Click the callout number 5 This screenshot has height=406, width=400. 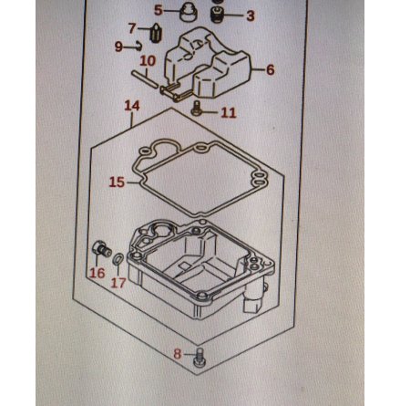pyautogui.click(x=159, y=10)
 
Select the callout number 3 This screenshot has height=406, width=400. pyautogui.click(x=251, y=16)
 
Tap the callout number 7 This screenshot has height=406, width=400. pyautogui.click(x=132, y=28)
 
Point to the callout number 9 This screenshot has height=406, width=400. pyautogui.click(x=118, y=47)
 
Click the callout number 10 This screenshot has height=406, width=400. pyautogui.click(x=148, y=61)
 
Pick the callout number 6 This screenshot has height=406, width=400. pyautogui.click(x=270, y=69)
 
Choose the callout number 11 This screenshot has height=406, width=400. pyautogui.click(x=229, y=112)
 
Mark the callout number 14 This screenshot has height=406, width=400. pyautogui.click(x=132, y=106)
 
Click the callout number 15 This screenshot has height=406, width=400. pyautogui.click(x=117, y=182)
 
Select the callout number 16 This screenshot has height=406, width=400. pyautogui.click(x=97, y=273)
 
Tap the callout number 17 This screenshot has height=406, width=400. pyautogui.click(x=118, y=283)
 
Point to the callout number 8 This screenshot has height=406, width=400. pyautogui.click(x=177, y=354)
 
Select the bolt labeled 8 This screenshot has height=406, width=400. pyautogui.click(x=199, y=358)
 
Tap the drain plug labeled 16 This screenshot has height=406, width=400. pyautogui.click(x=101, y=249)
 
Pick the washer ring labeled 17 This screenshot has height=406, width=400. pyautogui.click(x=118, y=259)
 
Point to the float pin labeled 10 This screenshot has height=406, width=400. pyautogui.click(x=145, y=79)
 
